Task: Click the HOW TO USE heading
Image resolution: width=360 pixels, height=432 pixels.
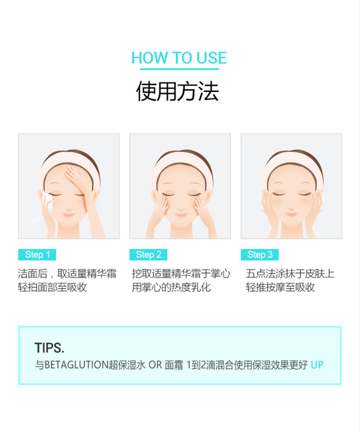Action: click(179, 58)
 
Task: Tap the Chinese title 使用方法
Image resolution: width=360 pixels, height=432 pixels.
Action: click(178, 91)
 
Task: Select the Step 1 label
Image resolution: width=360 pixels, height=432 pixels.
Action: click(37, 255)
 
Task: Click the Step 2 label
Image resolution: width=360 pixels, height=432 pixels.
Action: click(148, 255)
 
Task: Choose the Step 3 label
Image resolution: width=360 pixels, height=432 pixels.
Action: click(259, 255)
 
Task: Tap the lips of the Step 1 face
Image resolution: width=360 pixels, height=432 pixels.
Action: click(68, 215)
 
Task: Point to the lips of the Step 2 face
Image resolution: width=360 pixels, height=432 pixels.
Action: click(181, 215)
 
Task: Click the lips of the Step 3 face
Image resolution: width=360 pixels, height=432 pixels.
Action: click(291, 214)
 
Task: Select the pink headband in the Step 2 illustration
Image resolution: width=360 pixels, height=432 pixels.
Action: click(180, 160)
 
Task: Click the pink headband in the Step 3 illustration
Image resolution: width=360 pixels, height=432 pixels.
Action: click(292, 160)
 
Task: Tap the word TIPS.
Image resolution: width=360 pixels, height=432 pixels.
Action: click(49, 348)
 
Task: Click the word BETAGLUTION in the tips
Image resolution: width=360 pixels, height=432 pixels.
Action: click(76, 365)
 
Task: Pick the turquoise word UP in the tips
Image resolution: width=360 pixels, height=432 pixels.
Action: click(317, 365)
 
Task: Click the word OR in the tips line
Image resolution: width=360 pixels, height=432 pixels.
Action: click(155, 365)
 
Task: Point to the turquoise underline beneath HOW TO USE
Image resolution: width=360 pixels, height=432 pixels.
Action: click(180, 69)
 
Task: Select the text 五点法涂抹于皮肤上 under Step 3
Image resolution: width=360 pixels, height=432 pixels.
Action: click(290, 274)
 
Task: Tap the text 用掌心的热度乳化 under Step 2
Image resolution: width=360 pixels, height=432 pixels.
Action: click(171, 287)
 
